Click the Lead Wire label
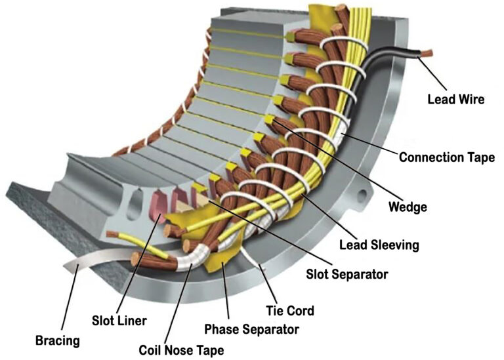[x=456, y=99]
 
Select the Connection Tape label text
[x=447, y=157]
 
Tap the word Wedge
[x=408, y=207]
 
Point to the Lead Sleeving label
[x=379, y=245]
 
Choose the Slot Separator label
[x=347, y=274]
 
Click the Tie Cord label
[x=290, y=311]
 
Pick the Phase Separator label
[x=252, y=329]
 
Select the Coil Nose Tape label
[x=181, y=350]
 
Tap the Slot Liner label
[x=119, y=321]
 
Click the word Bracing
[x=58, y=340]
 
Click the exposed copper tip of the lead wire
[x=427, y=52]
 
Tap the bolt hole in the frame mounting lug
[x=362, y=195]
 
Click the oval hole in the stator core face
[x=135, y=205]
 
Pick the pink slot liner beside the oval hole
[x=157, y=207]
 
